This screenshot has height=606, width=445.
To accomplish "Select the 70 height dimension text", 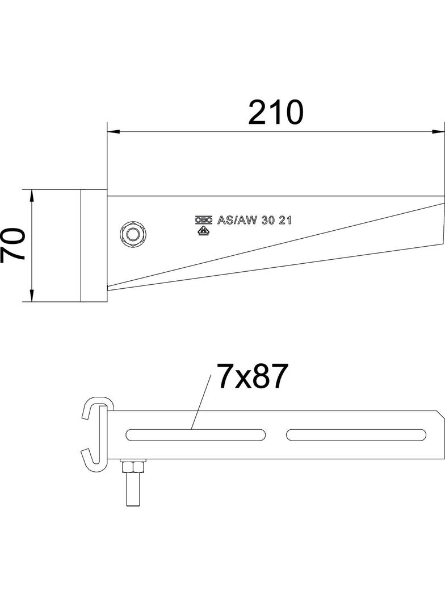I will click(x=13, y=244).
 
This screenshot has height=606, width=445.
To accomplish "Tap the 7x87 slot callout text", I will click(x=249, y=377).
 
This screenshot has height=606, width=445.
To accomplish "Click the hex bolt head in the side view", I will click(x=133, y=234).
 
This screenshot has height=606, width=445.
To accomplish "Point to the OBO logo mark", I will click(x=203, y=221).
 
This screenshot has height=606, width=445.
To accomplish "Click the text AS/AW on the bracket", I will click(x=236, y=221).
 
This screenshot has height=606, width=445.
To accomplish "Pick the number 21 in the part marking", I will click(x=285, y=221).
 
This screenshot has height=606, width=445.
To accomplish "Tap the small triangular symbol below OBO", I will click(x=201, y=231).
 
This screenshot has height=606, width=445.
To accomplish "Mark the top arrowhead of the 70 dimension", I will click(x=32, y=195).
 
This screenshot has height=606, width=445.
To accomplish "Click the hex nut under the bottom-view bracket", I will click(x=132, y=467).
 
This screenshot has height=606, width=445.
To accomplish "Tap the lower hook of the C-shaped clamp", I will click(x=91, y=459).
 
